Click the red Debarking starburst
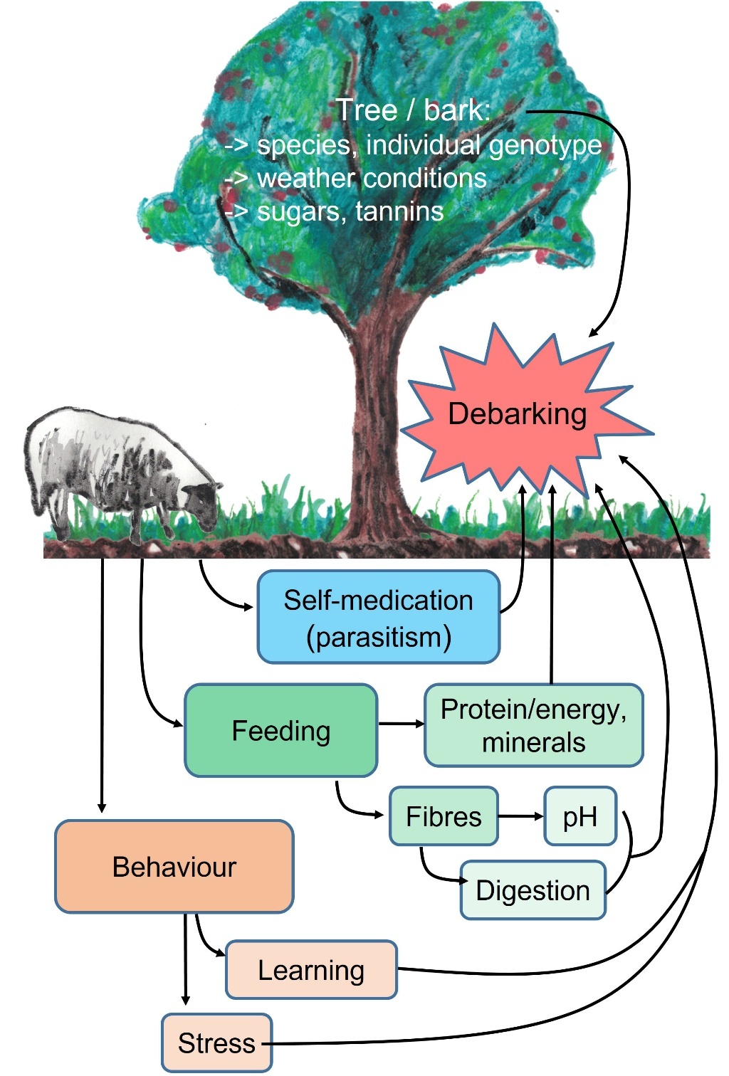[x=518, y=415]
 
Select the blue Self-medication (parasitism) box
[x=378, y=617]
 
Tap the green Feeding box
[x=280, y=730]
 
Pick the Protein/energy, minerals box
[x=533, y=725]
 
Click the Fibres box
[x=444, y=816]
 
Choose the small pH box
[x=579, y=816]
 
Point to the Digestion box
[x=533, y=890]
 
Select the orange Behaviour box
[x=174, y=867]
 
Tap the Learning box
[x=311, y=970]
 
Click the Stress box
[x=216, y=1043]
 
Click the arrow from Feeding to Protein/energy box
[x=401, y=724]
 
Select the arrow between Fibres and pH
[x=520, y=816]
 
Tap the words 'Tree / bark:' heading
[x=413, y=110]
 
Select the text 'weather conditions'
[x=372, y=178]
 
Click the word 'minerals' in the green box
[x=533, y=742]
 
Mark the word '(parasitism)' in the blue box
[x=378, y=637]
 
